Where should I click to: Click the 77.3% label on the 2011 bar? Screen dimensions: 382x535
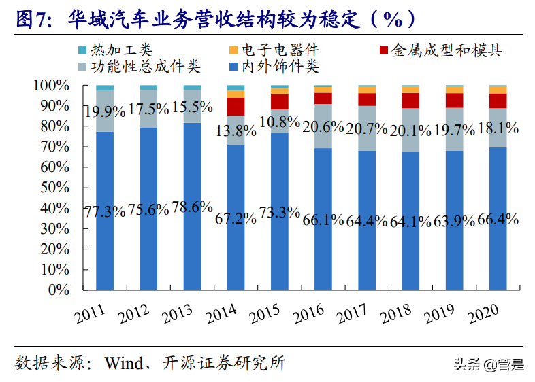pyautogui.click(x=104, y=211)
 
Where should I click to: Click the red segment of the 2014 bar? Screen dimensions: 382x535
pyautogui.click(x=236, y=107)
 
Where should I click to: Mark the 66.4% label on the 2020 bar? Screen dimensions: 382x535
pyautogui.click(x=497, y=219)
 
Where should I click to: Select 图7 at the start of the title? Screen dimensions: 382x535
pyautogui.click(x=33, y=19)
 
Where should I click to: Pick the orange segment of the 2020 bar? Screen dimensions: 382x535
pyautogui.click(x=498, y=90)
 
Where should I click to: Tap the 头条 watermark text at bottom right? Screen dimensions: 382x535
pyautogui.click(x=468, y=365)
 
